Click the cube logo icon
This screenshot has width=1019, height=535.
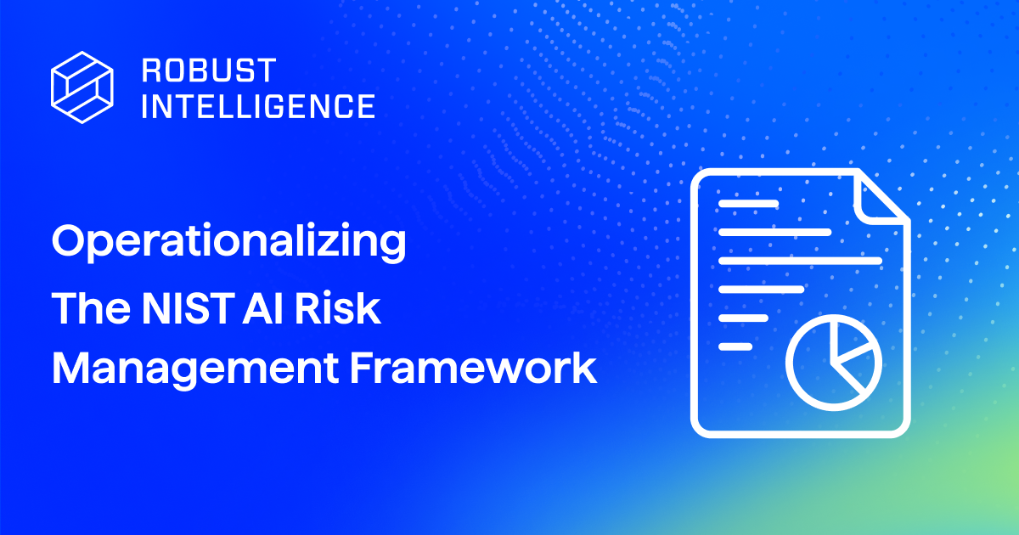[x=82, y=82]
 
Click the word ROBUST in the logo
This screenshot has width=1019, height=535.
[x=196, y=68]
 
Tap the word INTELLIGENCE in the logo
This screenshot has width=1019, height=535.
[x=257, y=105]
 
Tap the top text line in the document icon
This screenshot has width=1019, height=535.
[x=748, y=204]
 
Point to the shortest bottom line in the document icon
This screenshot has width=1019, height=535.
[x=735, y=346]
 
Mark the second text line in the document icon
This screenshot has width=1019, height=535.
[x=774, y=232]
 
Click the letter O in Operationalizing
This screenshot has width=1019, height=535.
[x=70, y=242]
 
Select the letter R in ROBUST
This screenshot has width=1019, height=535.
[x=150, y=68]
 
